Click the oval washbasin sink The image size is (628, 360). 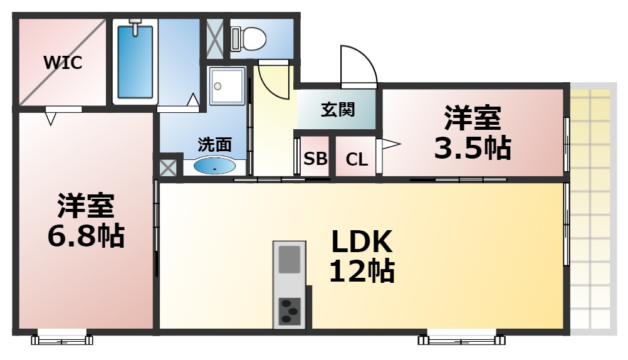click(215, 167)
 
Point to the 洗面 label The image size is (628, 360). click(215, 144)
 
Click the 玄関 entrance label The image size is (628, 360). click(338, 109)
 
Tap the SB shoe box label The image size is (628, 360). click(315, 159)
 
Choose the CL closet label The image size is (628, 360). click(357, 159)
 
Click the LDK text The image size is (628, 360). click(362, 241)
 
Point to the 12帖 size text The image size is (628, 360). click(362, 271)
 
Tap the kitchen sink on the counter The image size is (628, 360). click(290, 259)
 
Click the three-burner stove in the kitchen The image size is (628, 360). click(290, 310)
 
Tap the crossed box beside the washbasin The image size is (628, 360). click(167, 167)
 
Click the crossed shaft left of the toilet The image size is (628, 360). click(214, 38)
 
